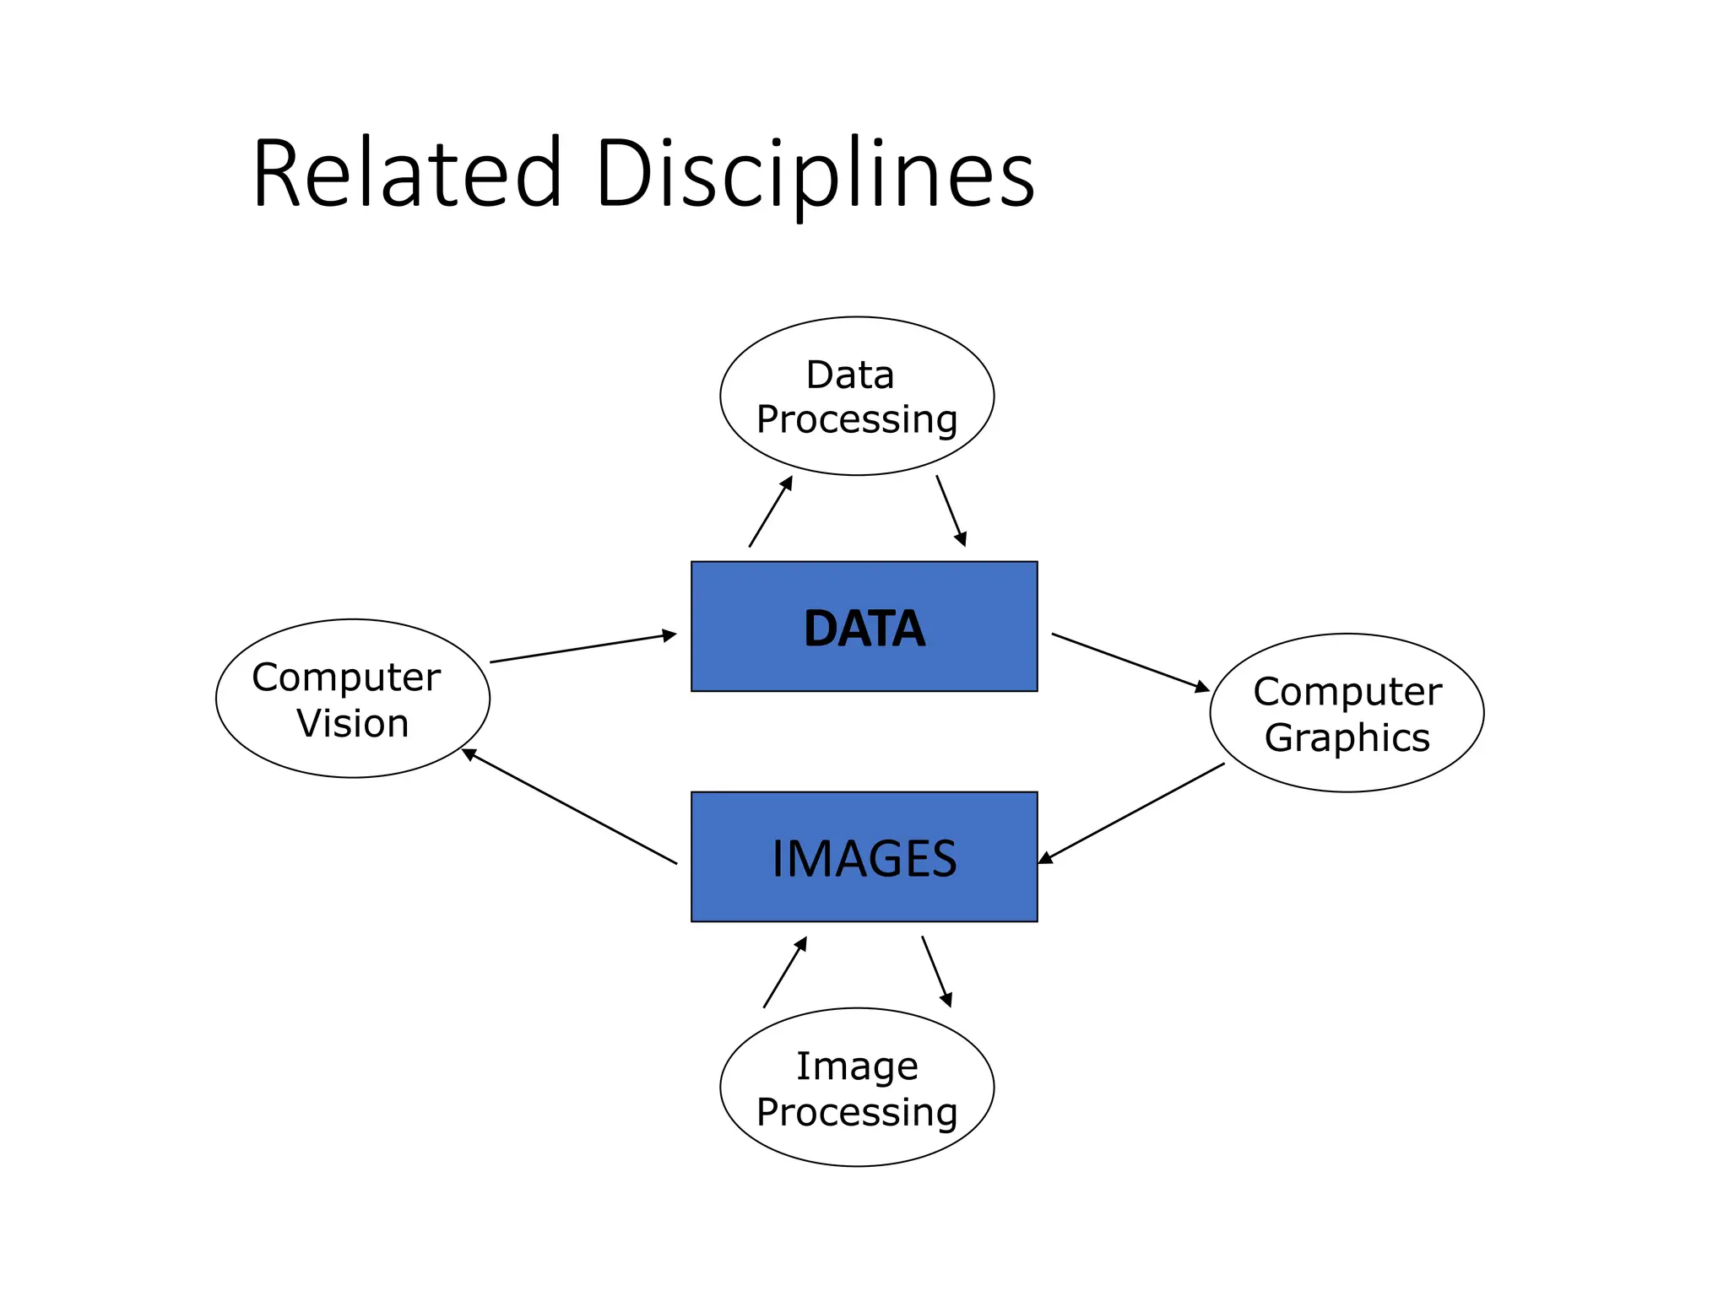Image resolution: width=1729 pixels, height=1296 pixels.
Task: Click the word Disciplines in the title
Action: [815, 174]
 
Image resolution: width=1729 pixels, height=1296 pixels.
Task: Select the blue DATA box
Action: [864, 626]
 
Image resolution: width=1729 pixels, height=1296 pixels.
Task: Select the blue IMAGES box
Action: [864, 856]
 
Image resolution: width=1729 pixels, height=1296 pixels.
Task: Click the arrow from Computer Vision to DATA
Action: [583, 648]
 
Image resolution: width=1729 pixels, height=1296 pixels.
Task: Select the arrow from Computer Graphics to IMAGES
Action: [1131, 813]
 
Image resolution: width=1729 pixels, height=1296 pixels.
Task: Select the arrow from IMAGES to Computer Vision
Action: [570, 807]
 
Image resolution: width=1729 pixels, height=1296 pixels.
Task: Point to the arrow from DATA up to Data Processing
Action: [771, 511]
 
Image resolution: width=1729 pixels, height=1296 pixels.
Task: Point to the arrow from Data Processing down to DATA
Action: [951, 510]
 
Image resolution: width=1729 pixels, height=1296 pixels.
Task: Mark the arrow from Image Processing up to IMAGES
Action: [785, 972]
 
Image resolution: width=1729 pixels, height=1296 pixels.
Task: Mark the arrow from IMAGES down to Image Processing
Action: [936, 971]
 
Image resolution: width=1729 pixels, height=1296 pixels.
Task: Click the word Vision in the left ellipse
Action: [353, 724]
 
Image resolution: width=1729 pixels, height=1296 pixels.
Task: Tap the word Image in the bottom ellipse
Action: [857, 1066]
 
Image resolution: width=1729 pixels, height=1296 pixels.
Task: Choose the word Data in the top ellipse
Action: [850, 375]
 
